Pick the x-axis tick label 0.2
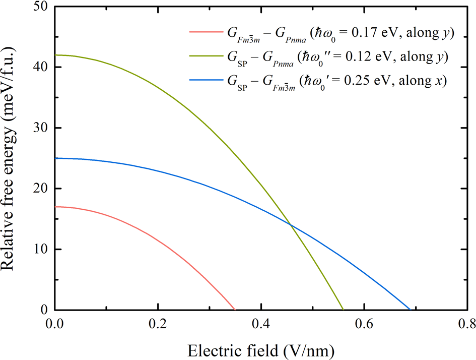pyautogui.click(x=158, y=323)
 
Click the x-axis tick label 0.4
pyautogui.click(x=260, y=323)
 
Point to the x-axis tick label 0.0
pyautogui.click(x=55, y=323)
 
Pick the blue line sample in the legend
pyautogui.click(x=203, y=80)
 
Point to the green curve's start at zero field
pyautogui.click(x=55, y=55)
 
